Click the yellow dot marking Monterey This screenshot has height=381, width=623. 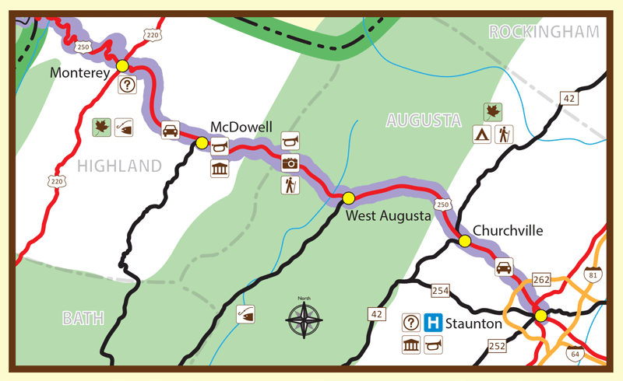click(122, 65)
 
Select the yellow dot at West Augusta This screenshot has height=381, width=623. click(348, 197)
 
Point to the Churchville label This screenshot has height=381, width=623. click(507, 230)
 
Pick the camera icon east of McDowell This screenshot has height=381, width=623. click(290, 163)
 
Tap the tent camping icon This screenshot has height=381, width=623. click(483, 134)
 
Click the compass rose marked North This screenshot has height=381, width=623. click(304, 319)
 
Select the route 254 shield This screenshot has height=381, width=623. click(440, 291)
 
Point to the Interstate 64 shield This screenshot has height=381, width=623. click(574, 354)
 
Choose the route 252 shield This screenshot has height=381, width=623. click(497, 344)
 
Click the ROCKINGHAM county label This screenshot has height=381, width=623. click(544, 32)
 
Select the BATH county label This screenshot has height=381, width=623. click(83, 319)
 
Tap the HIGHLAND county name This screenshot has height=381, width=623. click(119, 166)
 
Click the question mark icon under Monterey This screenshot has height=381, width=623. click(127, 86)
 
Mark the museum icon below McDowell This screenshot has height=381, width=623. click(220, 169)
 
